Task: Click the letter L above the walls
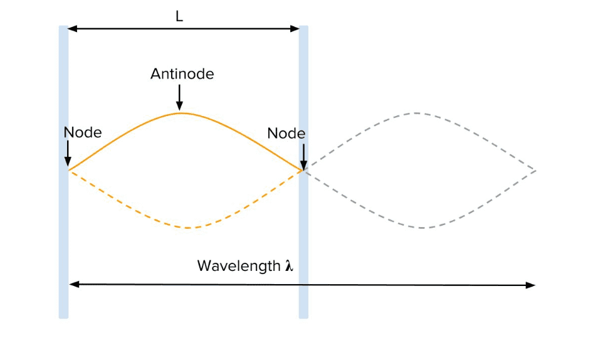pos(179,16)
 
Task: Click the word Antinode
pos(182,74)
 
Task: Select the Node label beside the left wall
pos(82,132)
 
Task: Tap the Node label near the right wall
pos(286,134)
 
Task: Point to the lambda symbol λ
pos(289,266)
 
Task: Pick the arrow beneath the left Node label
pos(68,154)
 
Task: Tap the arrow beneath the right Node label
pos(303,155)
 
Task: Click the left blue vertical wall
pos(63,238)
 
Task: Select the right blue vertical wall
pos(303,251)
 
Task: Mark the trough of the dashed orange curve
pos(188,227)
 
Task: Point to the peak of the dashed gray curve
pos(415,113)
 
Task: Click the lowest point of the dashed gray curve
pos(424,228)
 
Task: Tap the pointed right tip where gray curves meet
pos(535,170)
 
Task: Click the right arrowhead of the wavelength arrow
pos(532,285)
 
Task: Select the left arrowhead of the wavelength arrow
pos(73,285)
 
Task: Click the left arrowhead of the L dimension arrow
pos(71,28)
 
